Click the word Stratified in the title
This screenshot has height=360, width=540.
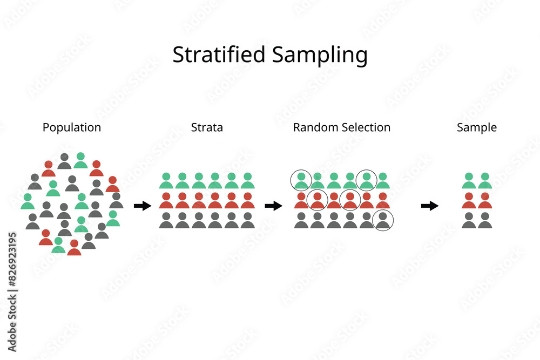point(219,55)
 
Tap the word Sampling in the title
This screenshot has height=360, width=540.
point(320,56)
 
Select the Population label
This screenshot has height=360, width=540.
point(72,128)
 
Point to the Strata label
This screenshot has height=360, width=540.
point(207,127)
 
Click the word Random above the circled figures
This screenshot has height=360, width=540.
point(315,127)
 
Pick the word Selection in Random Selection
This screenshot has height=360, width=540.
point(365,127)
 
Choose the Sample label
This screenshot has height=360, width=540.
point(477,128)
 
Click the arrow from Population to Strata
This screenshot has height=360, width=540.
point(143,206)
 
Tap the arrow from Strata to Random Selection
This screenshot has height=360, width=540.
point(273,206)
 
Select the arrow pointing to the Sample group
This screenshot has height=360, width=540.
point(430,206)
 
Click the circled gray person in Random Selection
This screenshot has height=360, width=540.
point(383,220)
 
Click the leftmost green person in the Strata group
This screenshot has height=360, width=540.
point(166,181)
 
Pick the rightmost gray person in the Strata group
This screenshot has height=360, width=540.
point(248,220)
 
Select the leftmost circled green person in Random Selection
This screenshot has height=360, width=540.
point(301,181)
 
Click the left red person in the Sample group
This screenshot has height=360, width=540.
point(469,201)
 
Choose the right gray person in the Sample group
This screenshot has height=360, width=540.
point(485,220)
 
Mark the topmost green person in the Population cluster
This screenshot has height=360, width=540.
point(80,160)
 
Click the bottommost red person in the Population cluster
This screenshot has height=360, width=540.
point(74,247)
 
